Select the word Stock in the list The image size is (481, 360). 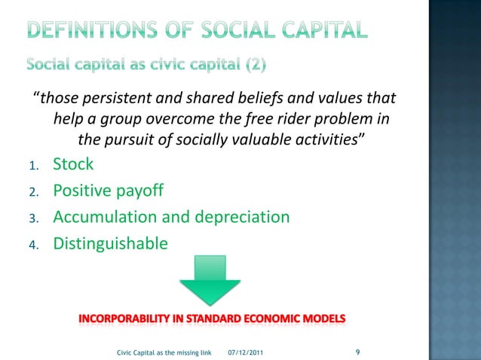(73, 165)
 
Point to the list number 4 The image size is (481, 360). (35, 245)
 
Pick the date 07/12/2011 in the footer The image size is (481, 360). (246, 352)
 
